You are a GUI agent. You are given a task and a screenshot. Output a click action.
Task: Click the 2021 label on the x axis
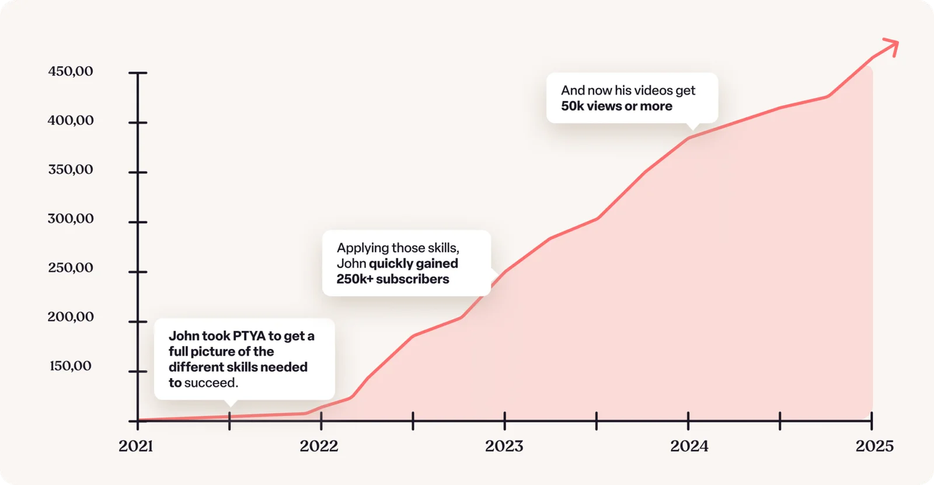[136, 446]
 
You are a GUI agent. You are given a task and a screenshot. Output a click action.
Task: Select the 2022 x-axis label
[319, 446]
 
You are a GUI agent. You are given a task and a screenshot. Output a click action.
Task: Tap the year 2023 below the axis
[504, 446]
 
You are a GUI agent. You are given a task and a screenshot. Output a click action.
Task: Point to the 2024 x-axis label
[689, 446]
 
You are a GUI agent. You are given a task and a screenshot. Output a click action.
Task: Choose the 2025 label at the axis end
[874, 446]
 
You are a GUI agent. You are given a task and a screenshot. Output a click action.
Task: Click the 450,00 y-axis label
[71, 71]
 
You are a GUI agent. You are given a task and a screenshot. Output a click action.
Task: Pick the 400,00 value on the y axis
[71, 120]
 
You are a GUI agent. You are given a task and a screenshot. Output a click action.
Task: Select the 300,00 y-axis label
[71, 219]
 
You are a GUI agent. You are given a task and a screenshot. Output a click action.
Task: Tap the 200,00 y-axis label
[71, 317]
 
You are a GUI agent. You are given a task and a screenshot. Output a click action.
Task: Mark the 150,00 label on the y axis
[71, 366]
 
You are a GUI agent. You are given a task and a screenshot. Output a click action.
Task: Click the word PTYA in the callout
[249, 336]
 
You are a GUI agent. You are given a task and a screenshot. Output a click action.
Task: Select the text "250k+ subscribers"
[393, 279]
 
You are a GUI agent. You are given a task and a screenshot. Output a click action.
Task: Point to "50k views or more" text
[616, 106]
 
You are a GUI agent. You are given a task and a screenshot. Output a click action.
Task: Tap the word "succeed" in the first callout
[210, 383]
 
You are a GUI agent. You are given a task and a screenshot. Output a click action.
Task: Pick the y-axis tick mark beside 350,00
[138, 172]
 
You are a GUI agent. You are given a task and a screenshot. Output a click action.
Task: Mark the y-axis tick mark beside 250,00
[138, 272]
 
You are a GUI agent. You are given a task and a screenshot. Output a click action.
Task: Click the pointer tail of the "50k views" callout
[693, 126]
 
